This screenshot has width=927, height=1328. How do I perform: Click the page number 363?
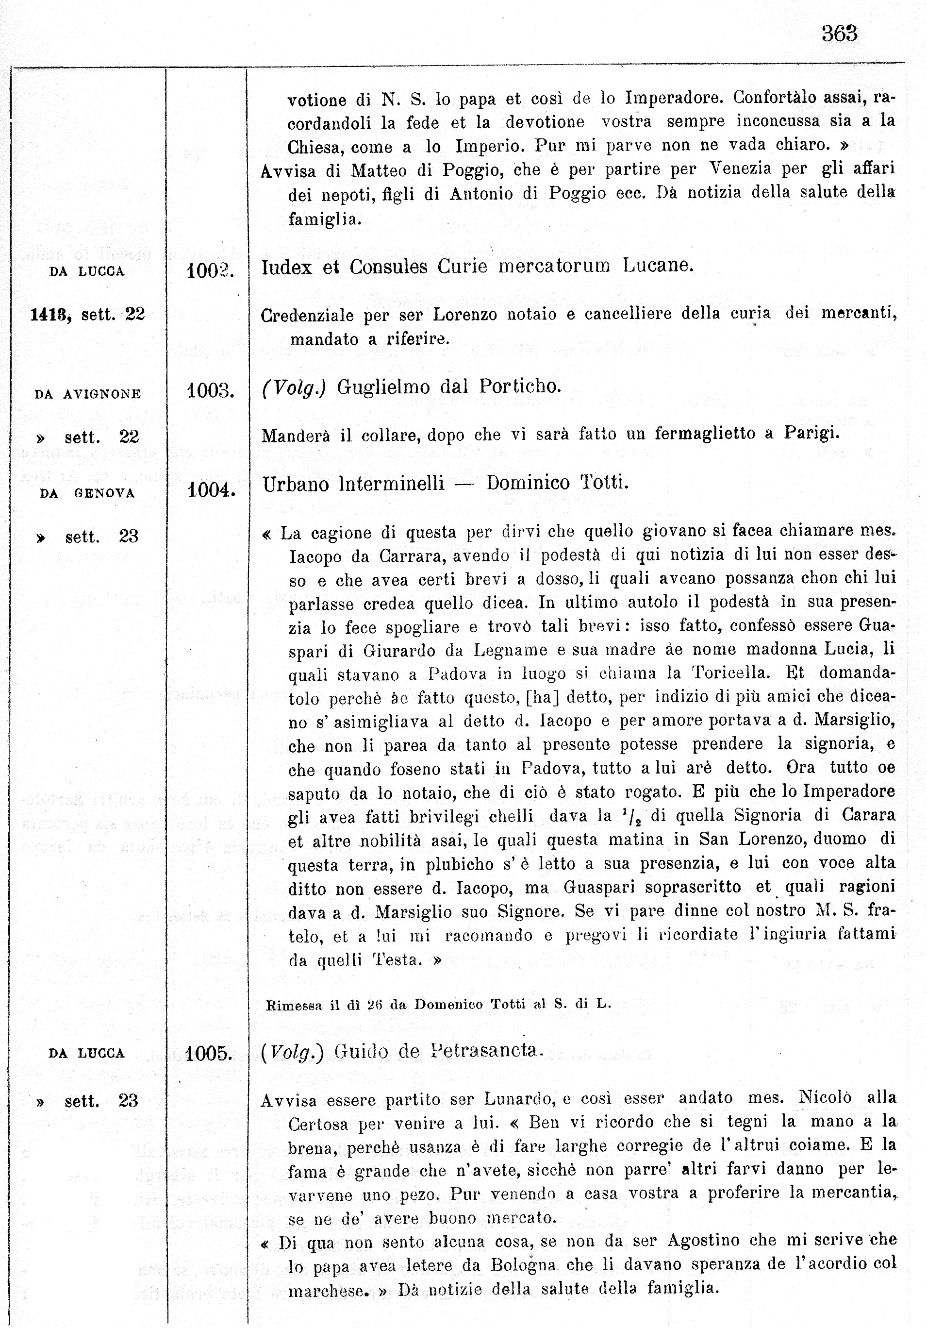tap(839, 34)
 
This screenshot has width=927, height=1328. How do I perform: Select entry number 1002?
tap(209, 270)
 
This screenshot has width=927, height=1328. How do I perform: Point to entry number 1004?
tap(211, 490)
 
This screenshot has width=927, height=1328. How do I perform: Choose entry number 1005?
tap(209, 1053)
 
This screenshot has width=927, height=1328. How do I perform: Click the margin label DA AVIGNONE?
tap(87, 394)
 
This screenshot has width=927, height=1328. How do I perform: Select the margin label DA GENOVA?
tap(87, 493)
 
